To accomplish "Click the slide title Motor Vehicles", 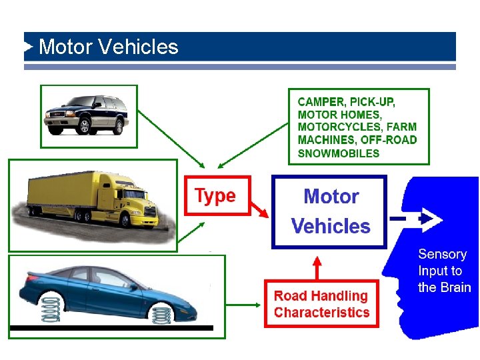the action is coord(109,47).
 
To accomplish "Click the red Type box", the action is coord(215,195).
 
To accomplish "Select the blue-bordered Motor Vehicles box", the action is coord(329,211).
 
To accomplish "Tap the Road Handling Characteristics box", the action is coord(321,304).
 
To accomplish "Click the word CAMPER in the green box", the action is coord(321,102).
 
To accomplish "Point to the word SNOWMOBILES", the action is coord(338,153).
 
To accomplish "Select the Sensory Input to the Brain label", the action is coord(443,271).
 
